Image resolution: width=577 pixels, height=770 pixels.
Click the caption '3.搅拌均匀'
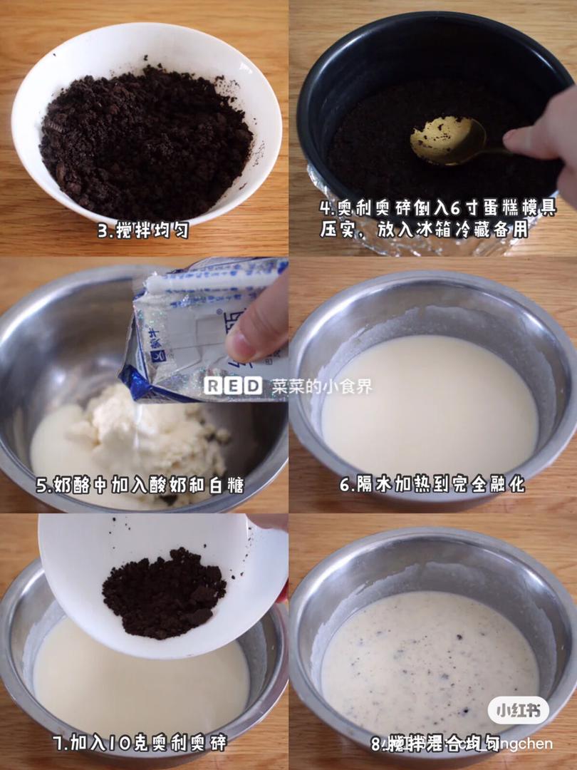click(143, 231)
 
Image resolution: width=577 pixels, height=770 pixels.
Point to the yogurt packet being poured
click(199, 328)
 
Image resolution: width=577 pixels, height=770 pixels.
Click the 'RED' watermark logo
click(233, 386)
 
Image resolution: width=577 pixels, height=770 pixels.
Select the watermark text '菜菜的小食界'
click(321, 386)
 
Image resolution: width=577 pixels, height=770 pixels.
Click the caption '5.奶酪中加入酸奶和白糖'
click(140, 486)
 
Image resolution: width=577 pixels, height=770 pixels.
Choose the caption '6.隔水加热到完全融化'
click(432, 485)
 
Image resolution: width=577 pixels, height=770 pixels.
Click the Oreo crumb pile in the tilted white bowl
click(163, 592)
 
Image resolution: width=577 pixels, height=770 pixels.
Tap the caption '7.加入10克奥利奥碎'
click(140, 743)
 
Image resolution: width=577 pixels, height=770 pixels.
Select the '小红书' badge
click(518, 710)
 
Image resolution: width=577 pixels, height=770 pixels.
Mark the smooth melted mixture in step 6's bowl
click(427, 406)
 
